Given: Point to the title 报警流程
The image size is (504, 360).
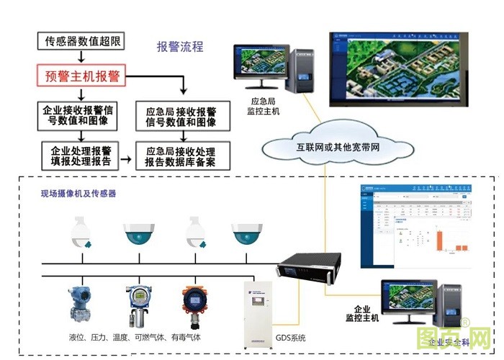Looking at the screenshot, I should click(x=180, y=48).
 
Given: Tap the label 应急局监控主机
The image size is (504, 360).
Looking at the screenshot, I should click(x=264, y=107).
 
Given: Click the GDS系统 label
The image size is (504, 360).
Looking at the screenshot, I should click(x=291, y=337).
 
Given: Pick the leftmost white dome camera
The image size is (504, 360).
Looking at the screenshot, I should click(x=80, y=233).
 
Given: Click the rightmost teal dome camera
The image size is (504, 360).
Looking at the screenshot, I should click(x=247, y=233).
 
